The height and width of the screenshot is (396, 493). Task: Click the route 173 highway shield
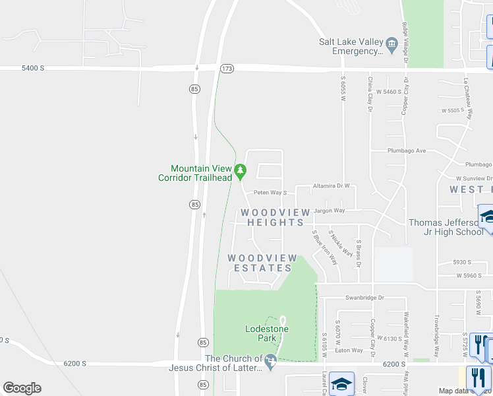tap(227, 69)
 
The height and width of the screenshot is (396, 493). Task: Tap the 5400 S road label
tap(32, 67)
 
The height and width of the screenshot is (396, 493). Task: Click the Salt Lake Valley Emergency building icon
tap(391, 46)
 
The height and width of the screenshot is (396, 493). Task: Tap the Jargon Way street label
tap(330, 211)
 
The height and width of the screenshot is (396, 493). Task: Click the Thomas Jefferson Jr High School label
tap(446, 227)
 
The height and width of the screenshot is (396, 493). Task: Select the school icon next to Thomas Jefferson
tap(488, 216)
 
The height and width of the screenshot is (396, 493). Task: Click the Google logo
tap(22, 388)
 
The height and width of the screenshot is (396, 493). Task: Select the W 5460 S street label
tap(390, 92)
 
